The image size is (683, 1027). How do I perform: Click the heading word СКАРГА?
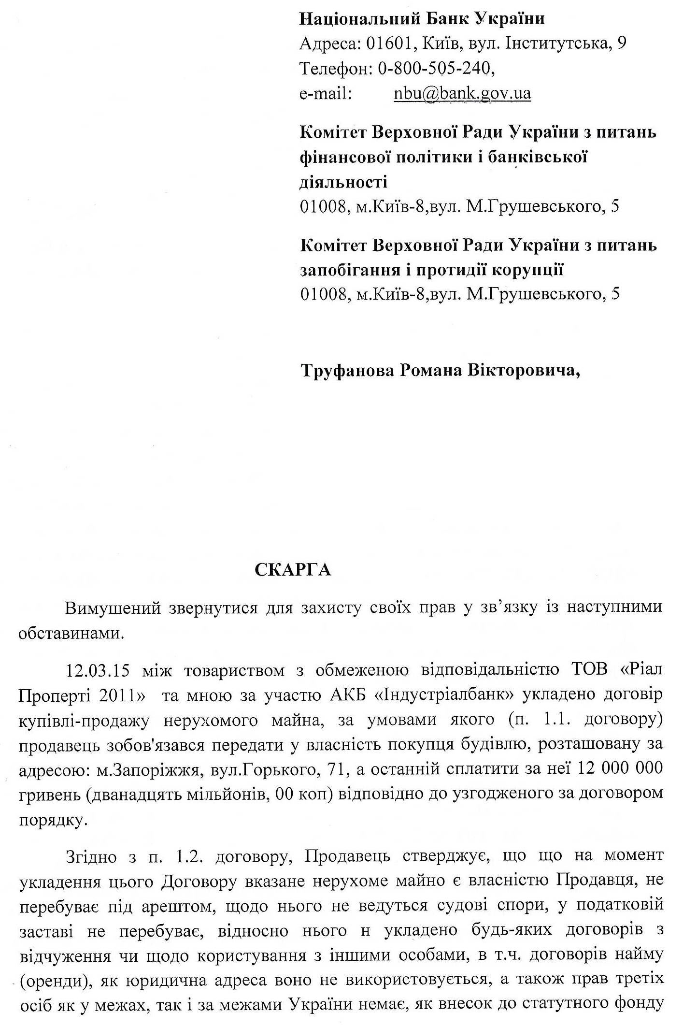293,570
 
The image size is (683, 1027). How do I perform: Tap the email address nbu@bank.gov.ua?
462,93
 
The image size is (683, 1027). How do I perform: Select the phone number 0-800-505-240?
434,69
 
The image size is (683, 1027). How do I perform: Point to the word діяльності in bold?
343,182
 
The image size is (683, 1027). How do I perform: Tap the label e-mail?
325,93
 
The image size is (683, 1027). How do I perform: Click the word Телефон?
334,69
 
